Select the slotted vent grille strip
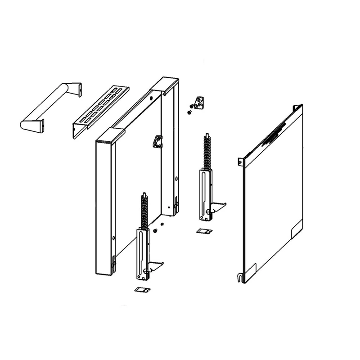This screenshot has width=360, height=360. coord(101,111)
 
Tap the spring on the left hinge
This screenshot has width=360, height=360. coord(144,211)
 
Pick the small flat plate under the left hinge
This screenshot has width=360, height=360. coord(141,290)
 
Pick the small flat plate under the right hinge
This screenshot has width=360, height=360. coord(204,231)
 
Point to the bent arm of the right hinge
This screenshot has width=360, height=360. coord(218,207)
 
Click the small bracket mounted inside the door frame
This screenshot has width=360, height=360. coord(157,141)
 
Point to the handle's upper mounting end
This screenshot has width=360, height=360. coord(76,89)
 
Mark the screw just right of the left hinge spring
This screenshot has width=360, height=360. coord(155,230)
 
